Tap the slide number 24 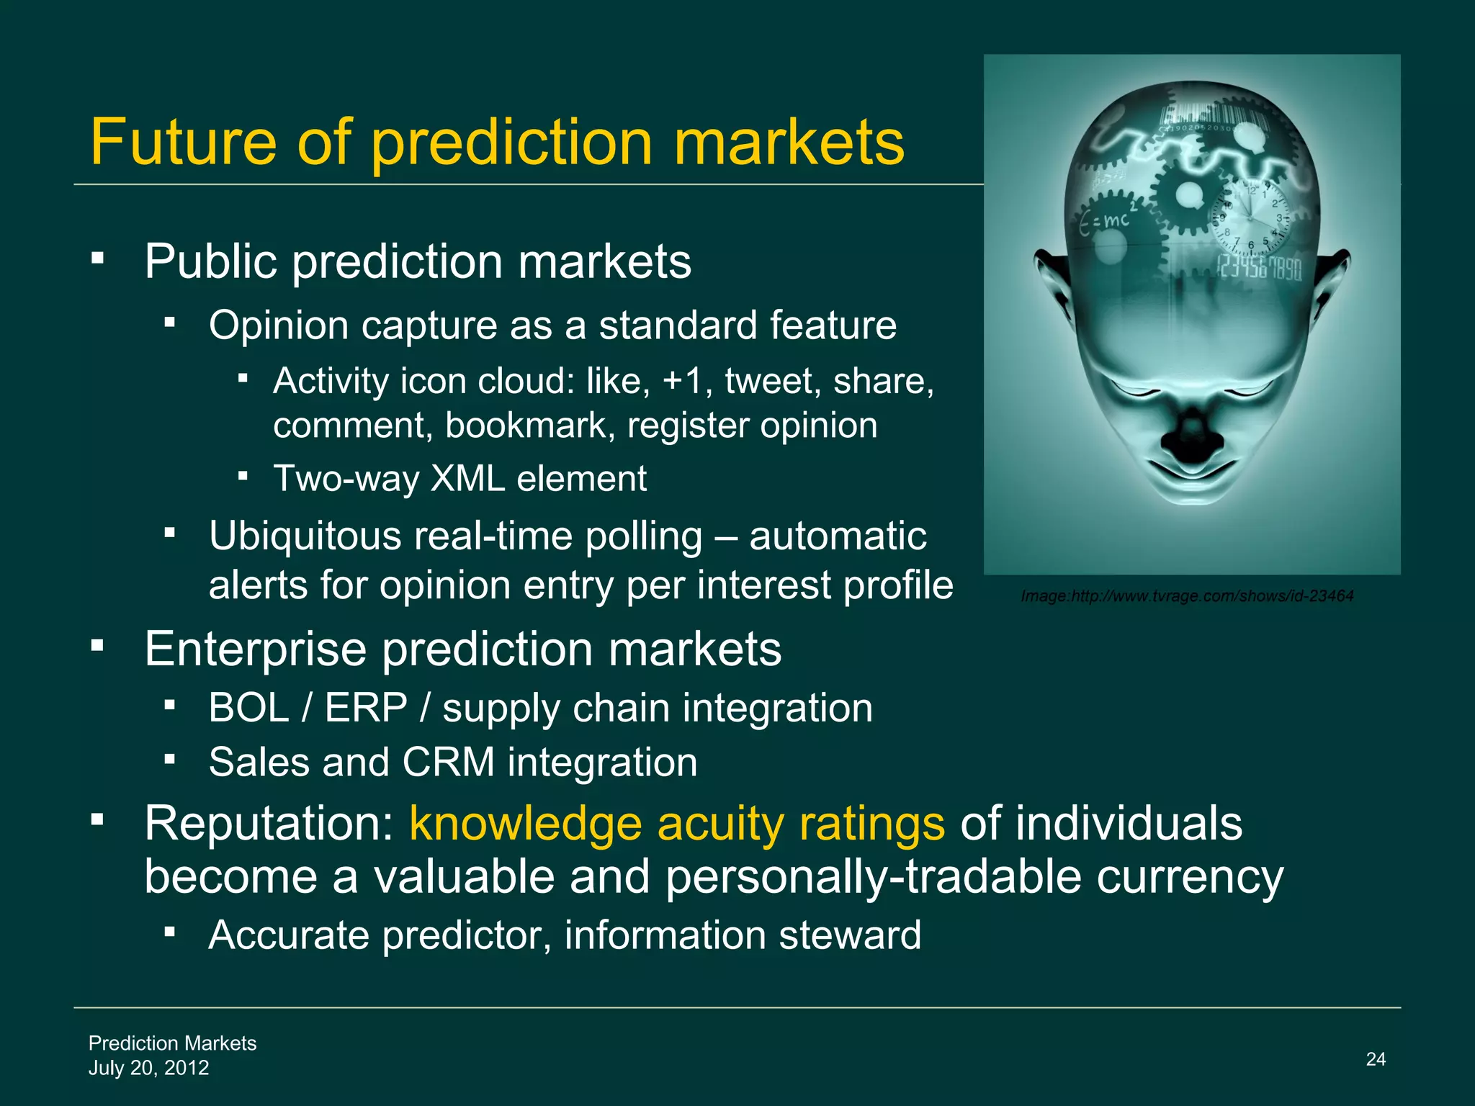pos(1376,1058)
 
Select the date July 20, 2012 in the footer pos(148,1067)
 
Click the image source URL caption pos(1187,595)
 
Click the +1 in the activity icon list pos(682,381)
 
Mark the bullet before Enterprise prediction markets pos(98,644)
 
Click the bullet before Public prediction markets pos(98,256)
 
